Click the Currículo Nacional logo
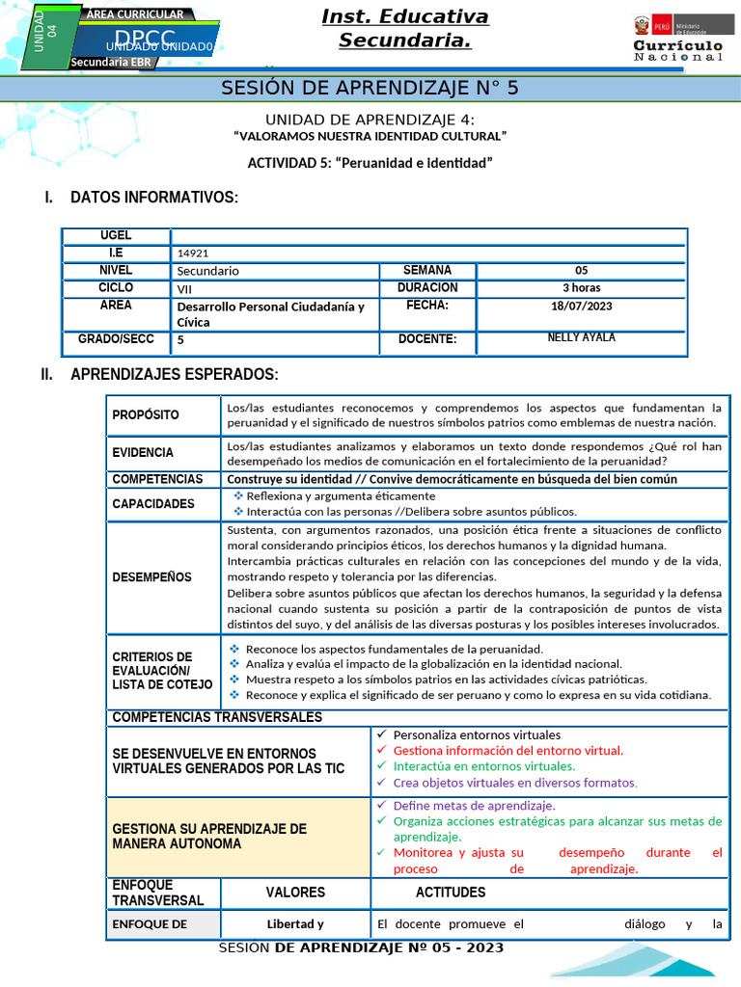coord(677,39)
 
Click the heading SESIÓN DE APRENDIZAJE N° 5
coord(370,88)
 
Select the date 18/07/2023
coord(581,306)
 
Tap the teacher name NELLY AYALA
coord(581,338)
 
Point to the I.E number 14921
coord(193,253)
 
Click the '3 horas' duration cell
coord(581,287)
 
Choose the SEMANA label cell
coord(426,270)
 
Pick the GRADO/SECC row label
coord(116,339)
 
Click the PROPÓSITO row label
coord(146,414)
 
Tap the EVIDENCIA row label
coord(143,452)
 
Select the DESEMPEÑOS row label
coord(151,577)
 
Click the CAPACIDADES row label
coord(153,503)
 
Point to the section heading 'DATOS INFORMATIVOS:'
coord(153,198)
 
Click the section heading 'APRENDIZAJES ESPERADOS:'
coord(174,374)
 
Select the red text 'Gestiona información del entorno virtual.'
coord(508,750)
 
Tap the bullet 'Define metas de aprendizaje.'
coord(474,805)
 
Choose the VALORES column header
coord(295,893)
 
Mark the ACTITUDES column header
coord(451,893)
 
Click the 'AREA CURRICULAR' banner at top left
coord(135,14)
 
